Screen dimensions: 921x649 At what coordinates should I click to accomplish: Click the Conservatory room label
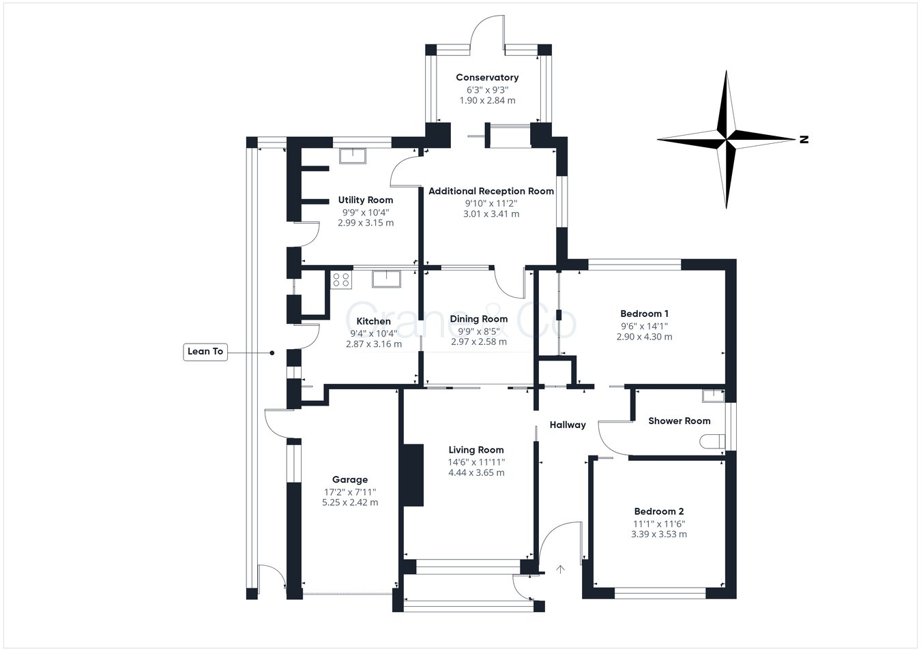click(x=487, y=78)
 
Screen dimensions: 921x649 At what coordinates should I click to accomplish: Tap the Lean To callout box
click(x=205, y=352)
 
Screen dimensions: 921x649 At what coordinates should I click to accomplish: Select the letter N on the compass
click(x=804, y=140)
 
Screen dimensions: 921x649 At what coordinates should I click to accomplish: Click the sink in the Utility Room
click(x=352, y=156)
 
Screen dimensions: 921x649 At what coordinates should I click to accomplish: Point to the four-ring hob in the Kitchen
click(x=341, y=280)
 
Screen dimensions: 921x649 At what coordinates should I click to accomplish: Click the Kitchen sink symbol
click(x=387, y=279)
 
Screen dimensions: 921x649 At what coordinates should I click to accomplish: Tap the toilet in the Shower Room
click(x=712, y=442)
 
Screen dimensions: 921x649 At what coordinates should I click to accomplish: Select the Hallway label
click(x=568, y=425)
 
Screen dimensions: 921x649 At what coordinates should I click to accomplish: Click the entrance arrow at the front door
click(x=560, y=569)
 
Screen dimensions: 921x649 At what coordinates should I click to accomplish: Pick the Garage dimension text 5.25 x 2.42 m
click(x=350, y=502)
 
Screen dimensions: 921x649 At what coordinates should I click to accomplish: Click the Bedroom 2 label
click(x=658, y=511)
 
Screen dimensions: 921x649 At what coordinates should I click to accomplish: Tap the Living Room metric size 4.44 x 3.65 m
click(x=476, y=473)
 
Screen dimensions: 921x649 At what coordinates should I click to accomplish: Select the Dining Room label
click(x=479, y=319)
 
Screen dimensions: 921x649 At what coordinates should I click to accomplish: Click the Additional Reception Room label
click(x=491, y=192)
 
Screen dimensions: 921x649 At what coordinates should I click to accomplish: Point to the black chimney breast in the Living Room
click(x=413, y=475)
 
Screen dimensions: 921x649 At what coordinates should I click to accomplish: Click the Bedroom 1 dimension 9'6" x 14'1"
click(x=644, y=326)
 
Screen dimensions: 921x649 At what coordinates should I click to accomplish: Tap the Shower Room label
click(x=679, y=421)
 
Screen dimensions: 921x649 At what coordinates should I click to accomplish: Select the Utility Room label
click(x=366, y=200)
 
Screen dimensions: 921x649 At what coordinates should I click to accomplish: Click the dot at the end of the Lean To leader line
click(x=272, y=353)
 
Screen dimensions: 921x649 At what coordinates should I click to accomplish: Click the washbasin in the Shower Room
click(x=714, y=395)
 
